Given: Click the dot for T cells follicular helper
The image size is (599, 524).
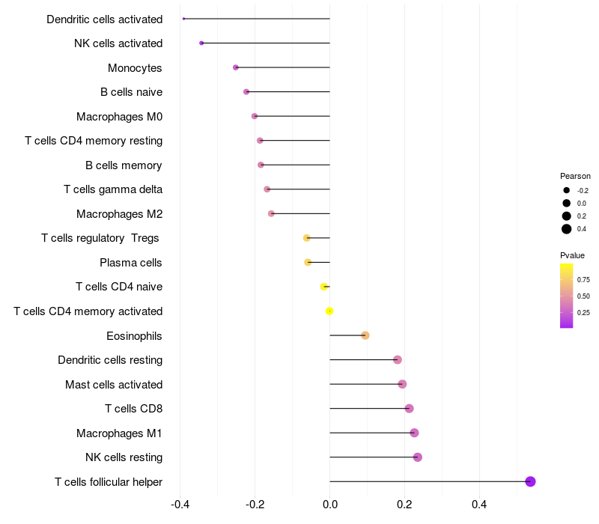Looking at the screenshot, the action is [530, 481].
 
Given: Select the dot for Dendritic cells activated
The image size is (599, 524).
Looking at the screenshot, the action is [183, 19].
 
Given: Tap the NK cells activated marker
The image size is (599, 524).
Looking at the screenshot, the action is [201, 43].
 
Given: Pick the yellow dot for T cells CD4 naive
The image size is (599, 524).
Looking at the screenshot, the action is [324, 287].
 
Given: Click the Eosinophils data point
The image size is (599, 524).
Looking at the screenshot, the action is [365, 335].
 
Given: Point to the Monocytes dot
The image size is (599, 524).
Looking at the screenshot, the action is [236, 67].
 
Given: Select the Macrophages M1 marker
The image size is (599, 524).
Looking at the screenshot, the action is [414, 433].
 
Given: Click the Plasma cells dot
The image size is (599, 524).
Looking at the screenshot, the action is [308, 263].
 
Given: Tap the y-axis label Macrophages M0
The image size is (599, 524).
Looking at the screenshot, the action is [120, 117].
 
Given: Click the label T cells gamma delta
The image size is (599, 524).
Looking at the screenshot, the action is [113, 189].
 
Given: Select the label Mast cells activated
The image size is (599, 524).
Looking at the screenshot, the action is [114, 384].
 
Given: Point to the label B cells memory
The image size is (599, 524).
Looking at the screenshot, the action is [124, 165].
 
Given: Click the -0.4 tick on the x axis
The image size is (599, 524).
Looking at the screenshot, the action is [180, 505].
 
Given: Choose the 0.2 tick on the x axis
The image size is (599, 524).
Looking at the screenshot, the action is [404, 505].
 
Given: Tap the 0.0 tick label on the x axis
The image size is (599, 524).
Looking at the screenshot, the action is [330, 505].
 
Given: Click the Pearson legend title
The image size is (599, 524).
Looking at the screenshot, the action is [575, 176].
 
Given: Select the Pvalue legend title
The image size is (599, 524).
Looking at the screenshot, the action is [572, 255].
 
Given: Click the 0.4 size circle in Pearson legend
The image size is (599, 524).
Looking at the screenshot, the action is [567, 229].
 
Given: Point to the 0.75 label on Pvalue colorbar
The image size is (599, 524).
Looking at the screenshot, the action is [583, 279].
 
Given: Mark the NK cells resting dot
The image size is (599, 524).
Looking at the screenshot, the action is [418, 457].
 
